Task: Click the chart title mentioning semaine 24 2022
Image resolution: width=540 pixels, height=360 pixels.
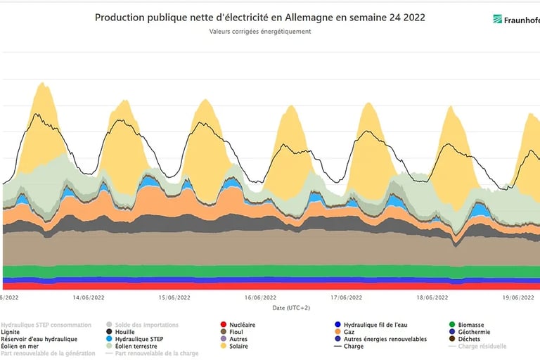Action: [259, 17]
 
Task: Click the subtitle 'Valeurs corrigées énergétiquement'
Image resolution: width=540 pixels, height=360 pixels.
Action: [259, 32]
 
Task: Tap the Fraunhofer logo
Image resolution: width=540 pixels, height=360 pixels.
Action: [516, 20]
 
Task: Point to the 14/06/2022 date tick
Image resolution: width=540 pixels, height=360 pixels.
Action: [89, 297]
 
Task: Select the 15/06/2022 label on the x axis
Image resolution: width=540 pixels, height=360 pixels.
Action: [174, 297]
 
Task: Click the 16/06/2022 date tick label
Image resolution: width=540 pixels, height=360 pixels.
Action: [260, 297]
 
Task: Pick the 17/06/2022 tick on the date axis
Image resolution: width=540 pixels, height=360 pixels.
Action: [346, 297]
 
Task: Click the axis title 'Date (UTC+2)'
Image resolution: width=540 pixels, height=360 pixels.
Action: [291, 307]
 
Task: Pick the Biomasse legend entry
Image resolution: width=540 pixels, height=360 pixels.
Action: [475, 325]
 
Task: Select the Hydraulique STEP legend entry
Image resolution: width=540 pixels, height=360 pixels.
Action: [139, 339]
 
